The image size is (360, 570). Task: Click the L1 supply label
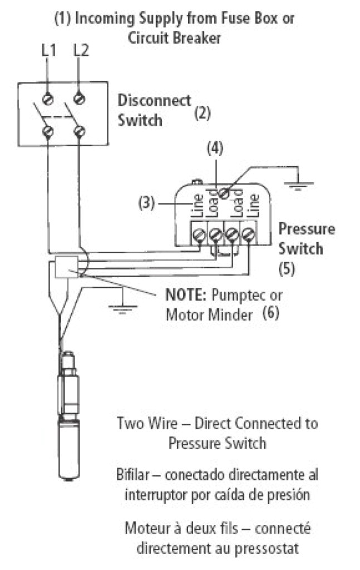click(x=49, y=51)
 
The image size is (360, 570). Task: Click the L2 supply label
click(x=81, y=51)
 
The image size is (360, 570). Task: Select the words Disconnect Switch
click(x=153, y=110)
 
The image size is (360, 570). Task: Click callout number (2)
click(x=201, y=114)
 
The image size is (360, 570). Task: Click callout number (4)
click(x=215, y=149)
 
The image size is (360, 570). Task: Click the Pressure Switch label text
click(x=307, y=238)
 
